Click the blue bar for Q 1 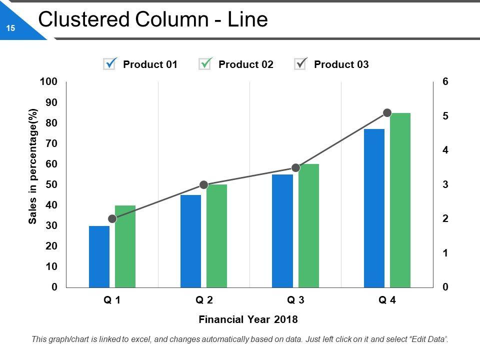coord(99,256)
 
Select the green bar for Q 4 coord(400,200)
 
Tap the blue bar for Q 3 coord(282,231)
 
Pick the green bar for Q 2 coord(216,236)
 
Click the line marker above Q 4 coord(387,113)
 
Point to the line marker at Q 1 coord(112,219)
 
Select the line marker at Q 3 coord(295,168)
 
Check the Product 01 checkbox coord(109,64)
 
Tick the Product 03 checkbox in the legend coord(300,64)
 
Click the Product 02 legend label coord(246,64)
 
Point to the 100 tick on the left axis coord(50,81)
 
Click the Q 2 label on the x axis coord(204,300)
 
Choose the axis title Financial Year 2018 coord(248,319)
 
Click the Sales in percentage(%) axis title coord(33,166)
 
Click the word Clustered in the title coord(80,19)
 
